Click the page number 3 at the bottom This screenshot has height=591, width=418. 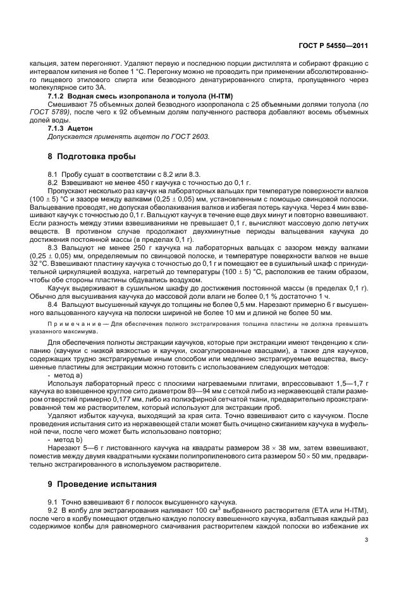(x=366, y=540)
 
